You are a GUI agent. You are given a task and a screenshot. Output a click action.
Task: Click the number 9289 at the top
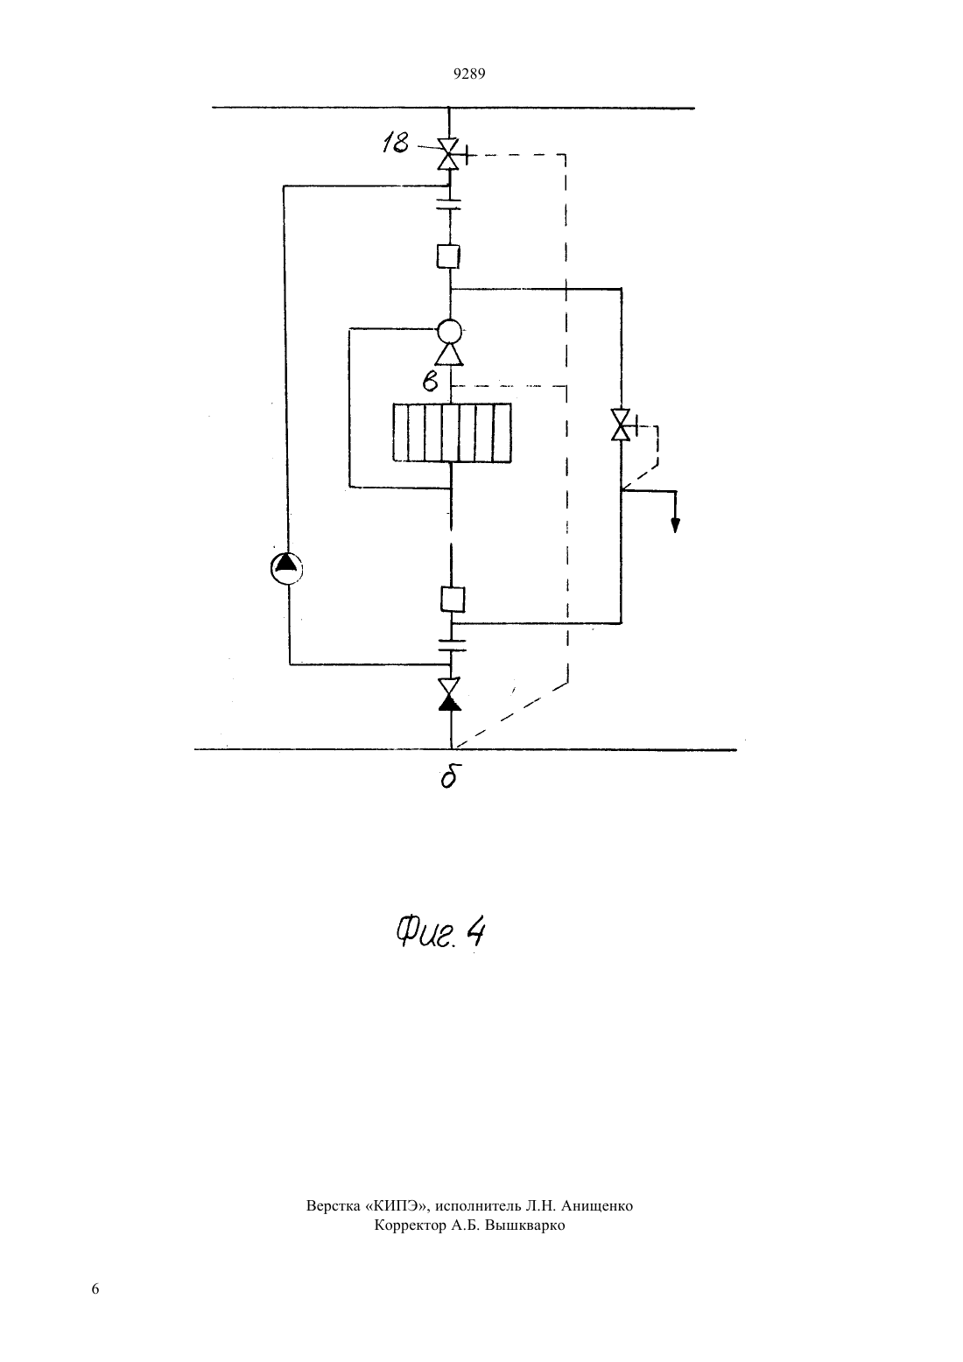click(469, 74)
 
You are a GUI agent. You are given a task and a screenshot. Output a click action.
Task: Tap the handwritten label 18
click(396, 143)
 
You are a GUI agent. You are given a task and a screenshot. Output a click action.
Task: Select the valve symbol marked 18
click(449, 154)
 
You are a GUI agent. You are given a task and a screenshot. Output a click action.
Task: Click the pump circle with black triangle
click(286, 568)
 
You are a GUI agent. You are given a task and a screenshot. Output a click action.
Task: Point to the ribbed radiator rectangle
click(452, 432)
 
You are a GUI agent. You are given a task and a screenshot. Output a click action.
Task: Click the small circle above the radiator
click(449, 332)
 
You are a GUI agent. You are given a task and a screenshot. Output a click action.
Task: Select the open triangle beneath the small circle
click(449, 354)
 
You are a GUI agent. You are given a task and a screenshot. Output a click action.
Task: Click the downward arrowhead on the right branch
click(676, 524)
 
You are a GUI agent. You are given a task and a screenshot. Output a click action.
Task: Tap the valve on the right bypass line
click(621, 424)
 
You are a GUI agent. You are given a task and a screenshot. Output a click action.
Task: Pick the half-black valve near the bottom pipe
click(449, 694)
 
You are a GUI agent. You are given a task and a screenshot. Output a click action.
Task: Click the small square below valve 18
click(448, 256)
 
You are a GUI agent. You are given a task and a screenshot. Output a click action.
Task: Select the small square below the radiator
click(452, 599)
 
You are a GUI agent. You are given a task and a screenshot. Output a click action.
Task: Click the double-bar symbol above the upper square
click(449, 204)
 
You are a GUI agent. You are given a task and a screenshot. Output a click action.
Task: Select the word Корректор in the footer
click(411, 1225)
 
